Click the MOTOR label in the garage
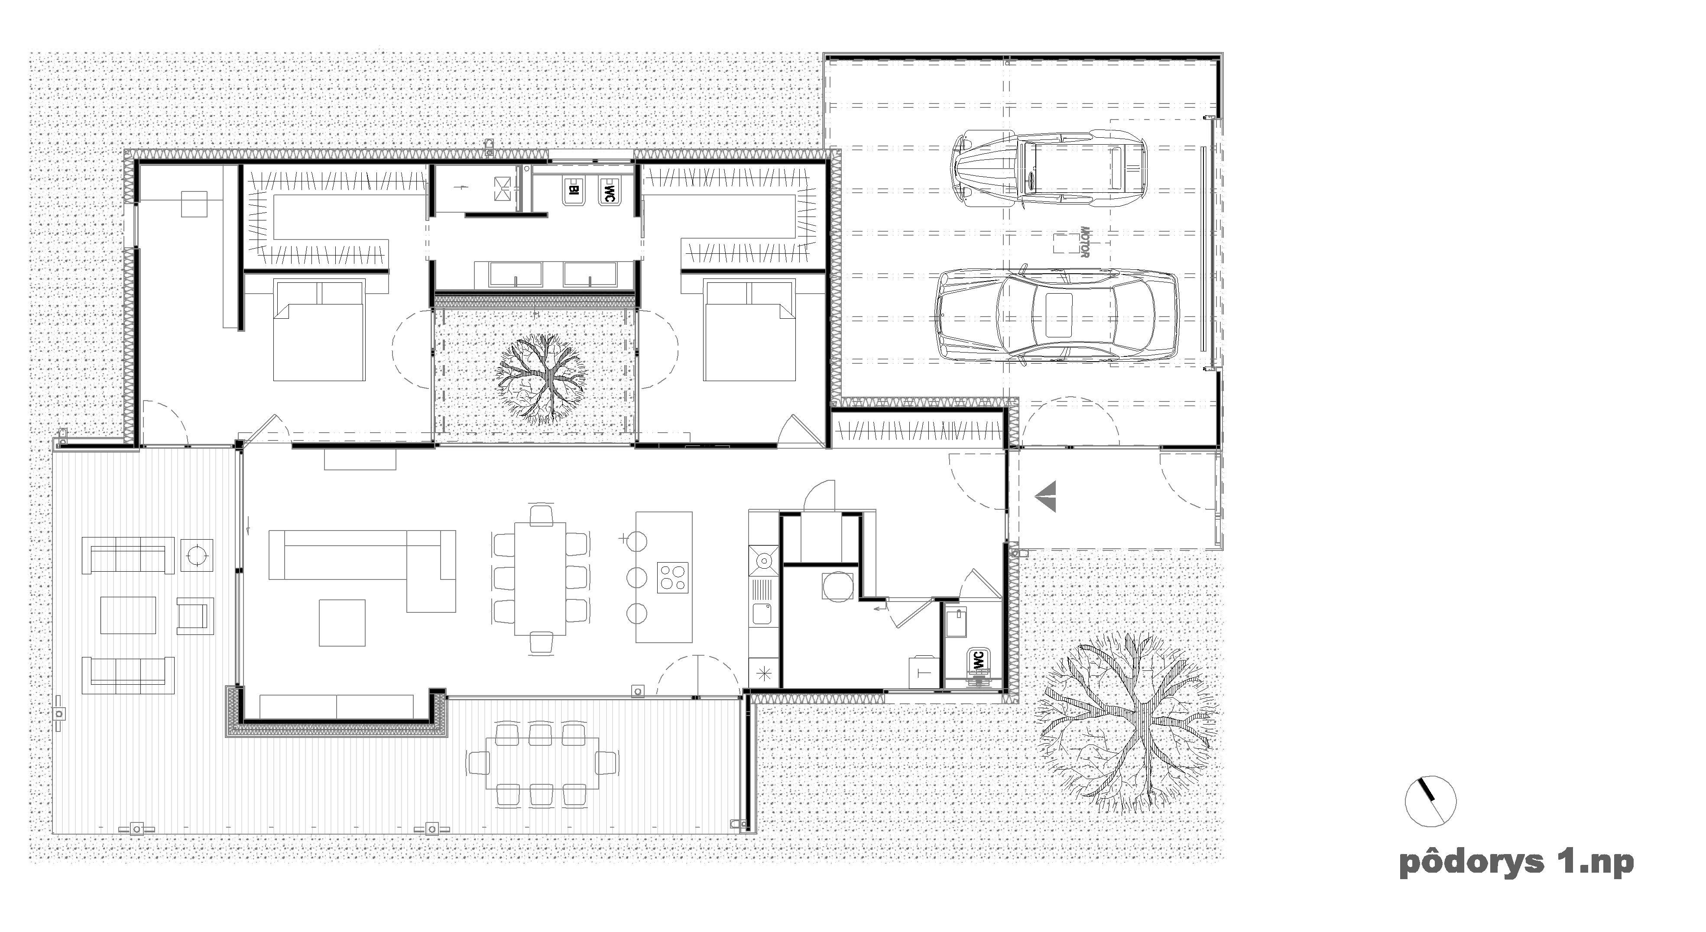coord(1084,242)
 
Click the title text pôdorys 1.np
coord(1516,863)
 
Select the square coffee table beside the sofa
coord(342,622)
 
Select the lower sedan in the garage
coord(1057,314)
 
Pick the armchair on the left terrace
coord(195,615)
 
